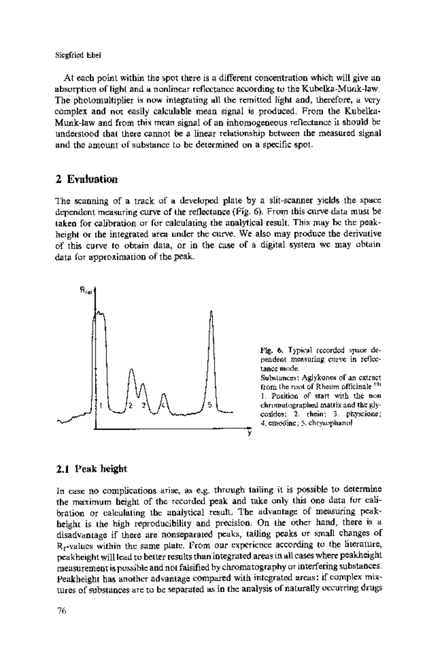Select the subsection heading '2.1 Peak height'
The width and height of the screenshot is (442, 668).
click(91, 469)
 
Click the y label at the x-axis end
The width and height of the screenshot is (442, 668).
click(249, 434)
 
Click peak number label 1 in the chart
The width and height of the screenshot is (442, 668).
click(101, 406)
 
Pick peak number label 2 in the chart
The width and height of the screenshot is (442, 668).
click(130, 406)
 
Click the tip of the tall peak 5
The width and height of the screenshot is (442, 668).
click(211, 311)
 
